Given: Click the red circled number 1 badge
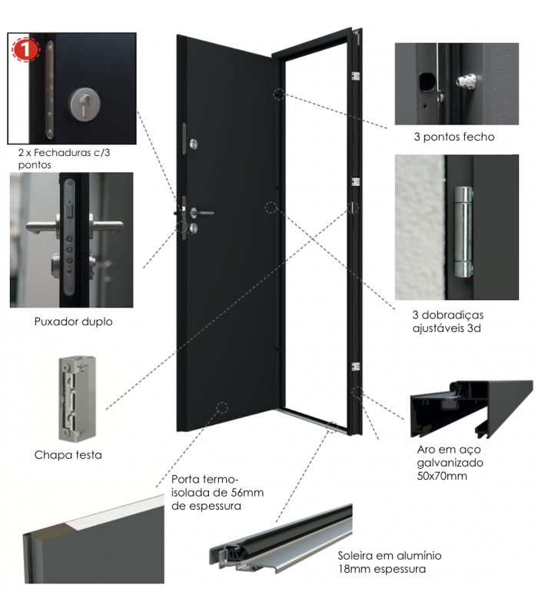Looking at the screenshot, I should coord(25,50).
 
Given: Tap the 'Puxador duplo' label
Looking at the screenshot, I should coord(73,321).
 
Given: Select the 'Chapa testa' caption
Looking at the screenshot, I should coord(68,455).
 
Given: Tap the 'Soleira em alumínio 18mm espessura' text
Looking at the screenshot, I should coord(389,562).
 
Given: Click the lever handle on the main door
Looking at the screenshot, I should coord(203,212).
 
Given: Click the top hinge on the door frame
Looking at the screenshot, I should coord(355,76).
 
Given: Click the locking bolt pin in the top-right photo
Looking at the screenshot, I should coord(464,78).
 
